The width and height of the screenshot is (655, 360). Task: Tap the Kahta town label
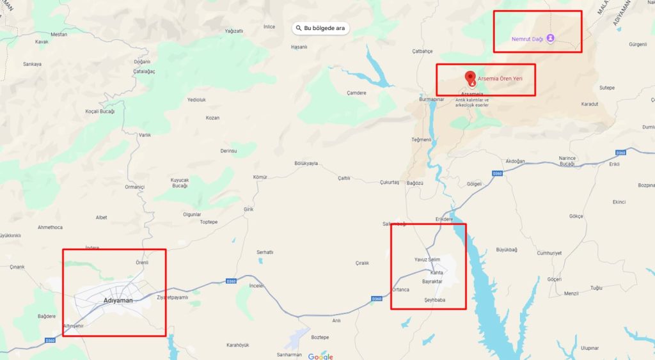click(x=437, y=273)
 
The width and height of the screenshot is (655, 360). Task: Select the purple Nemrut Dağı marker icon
click(x=550, y=38)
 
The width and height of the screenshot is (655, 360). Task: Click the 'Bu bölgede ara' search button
click(x=320, y=28)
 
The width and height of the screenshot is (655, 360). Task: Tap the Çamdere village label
click(x=356, y=93)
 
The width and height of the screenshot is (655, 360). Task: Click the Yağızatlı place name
click(x=233, y=31)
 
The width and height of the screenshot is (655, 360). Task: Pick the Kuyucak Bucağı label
click(x=180, y=183)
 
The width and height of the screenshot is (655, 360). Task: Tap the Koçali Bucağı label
click(x=100, y=111)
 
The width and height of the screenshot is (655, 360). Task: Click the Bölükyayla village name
click(x=306, y=164)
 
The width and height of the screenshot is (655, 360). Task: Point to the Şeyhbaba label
click(x=434, y=300)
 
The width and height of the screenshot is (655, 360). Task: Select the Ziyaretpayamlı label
click(x=173, y=297)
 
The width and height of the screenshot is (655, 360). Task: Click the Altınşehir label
click(x=73, y=326)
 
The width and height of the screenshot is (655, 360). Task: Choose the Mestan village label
click(x=59, y=35)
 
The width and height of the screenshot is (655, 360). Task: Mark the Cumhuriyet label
click(x=549, y=253)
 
